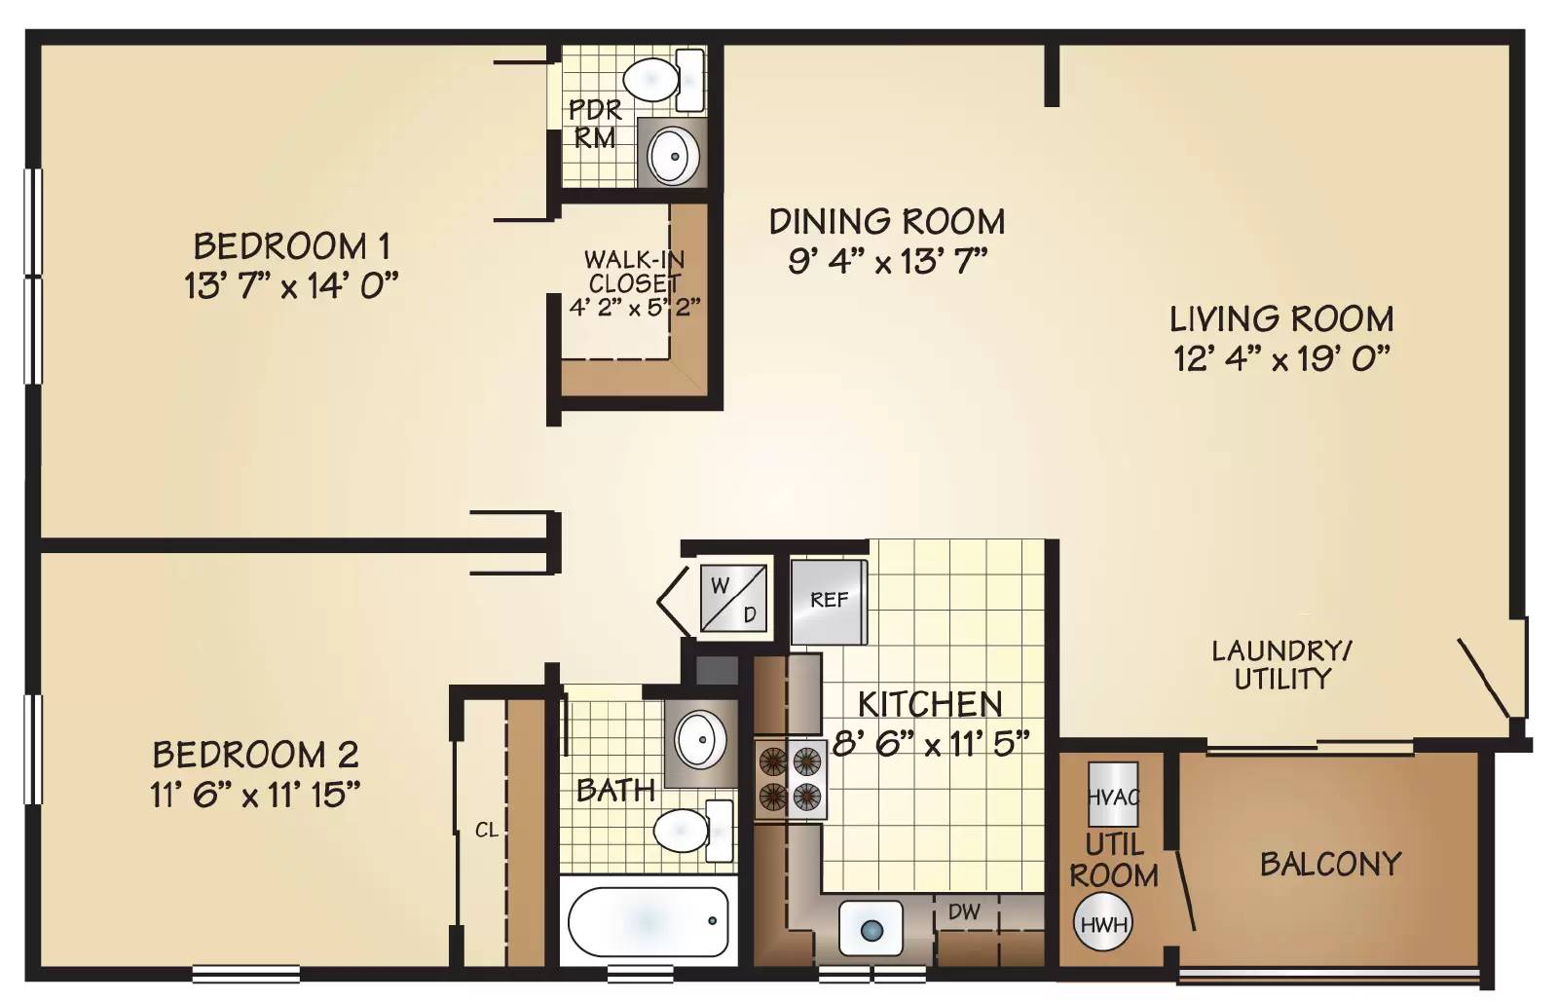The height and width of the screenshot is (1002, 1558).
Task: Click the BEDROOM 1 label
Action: click(292, 246)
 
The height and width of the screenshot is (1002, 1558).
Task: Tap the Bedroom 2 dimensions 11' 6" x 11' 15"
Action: click(256, 795)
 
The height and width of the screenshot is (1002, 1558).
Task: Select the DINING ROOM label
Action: click(887, 222)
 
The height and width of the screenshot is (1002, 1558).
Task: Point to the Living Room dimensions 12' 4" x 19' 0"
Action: click(1281, 358)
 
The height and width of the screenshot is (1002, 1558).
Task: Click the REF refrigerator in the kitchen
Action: click(829, 602)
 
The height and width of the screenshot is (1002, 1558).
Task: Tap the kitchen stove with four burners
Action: click(791, 779)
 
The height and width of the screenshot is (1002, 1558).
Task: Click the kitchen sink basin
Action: click(871, 928)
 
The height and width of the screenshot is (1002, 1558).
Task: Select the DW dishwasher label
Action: click(964, 911)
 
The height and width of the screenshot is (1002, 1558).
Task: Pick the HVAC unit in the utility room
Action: click(1114, 795)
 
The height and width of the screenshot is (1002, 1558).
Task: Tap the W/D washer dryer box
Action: click(734, 598)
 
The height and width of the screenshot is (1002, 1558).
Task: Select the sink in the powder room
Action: click(673, 156)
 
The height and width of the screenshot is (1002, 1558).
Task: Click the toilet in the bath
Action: click(693, 831)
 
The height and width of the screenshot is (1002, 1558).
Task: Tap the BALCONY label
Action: click(1330, 865)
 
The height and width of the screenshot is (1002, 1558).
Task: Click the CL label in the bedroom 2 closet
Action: click(487, 831)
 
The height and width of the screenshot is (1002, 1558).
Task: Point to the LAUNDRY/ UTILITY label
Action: click(1281, 665)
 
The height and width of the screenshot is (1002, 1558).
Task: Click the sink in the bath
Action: click(699, 738)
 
